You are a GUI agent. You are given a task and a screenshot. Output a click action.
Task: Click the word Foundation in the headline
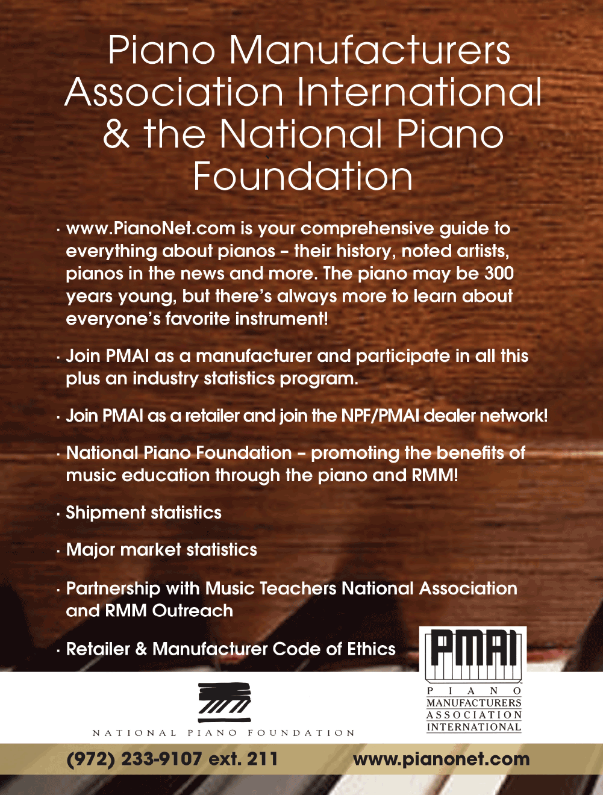303,176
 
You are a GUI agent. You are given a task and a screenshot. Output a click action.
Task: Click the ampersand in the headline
116,134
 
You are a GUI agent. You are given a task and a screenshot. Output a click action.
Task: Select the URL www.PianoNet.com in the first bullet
151,228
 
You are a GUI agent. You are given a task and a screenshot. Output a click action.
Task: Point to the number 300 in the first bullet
499,273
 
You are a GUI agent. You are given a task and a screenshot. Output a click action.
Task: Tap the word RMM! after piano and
435,475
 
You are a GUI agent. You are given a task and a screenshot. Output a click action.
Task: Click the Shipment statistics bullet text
143,513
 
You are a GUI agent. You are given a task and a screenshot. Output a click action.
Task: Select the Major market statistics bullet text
161,550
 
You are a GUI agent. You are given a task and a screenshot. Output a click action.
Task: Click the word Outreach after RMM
192,611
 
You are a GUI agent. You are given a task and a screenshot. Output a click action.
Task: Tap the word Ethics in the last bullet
370,649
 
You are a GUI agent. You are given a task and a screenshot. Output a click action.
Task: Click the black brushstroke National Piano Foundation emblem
224,702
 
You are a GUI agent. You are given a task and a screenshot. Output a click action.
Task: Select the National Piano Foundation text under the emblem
223,733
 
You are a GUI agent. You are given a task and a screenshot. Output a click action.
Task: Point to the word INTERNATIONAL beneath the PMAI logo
473,727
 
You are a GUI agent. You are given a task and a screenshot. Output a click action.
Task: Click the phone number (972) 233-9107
134,759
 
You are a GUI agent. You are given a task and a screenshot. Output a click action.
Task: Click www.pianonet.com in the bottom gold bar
441,759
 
